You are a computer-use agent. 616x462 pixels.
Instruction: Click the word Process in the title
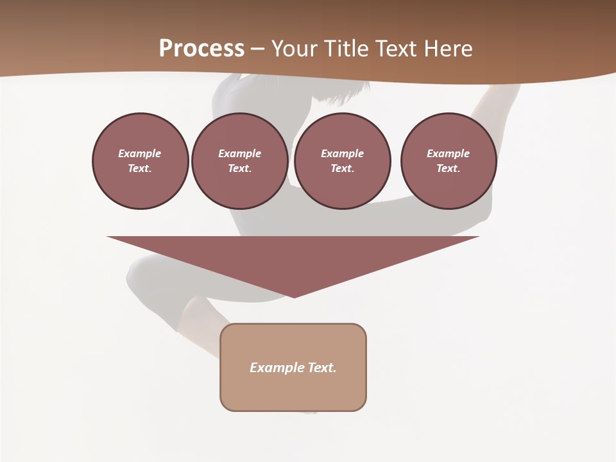tap(201, 49)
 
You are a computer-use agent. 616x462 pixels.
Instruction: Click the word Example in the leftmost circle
tap(140, 153)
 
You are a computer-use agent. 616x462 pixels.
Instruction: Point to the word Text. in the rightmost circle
tap(449, 169)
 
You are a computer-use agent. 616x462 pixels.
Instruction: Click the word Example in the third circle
tap(342, 153)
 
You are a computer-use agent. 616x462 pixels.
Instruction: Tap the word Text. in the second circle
tap(240, 169)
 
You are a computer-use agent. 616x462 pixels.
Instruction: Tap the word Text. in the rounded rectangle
tap(322, 368)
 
